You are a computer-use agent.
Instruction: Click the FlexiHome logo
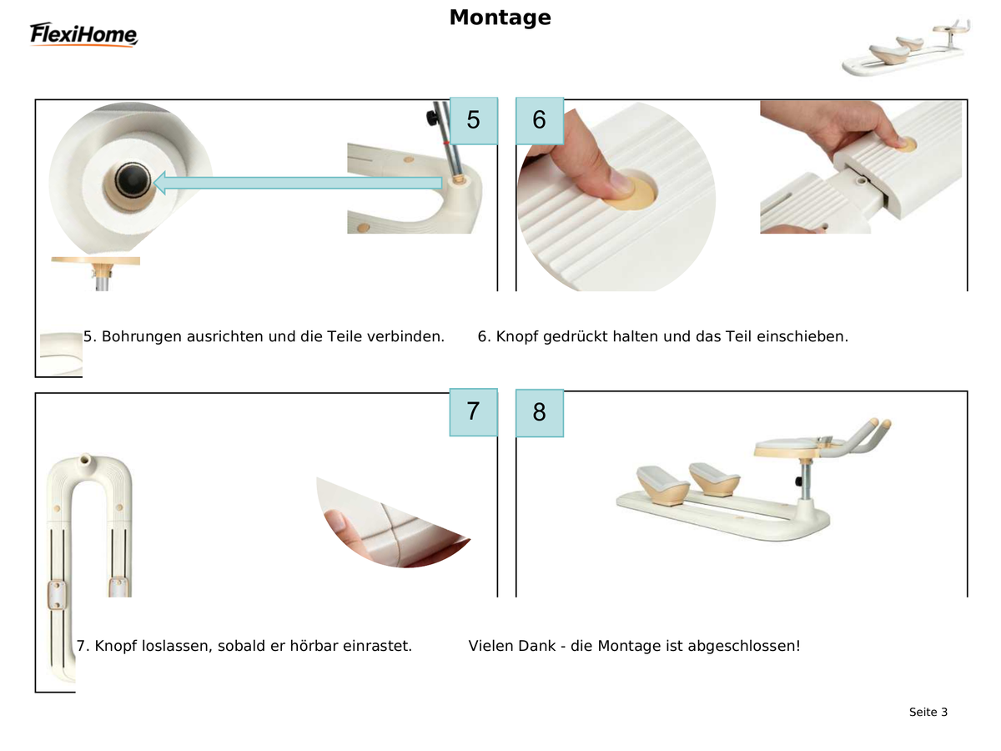[83, 34]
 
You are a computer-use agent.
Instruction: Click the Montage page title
[500, 18]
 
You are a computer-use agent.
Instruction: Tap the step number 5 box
[473, 120]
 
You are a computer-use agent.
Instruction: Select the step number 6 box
[540, 120]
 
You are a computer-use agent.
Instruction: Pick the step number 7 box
[473, 412]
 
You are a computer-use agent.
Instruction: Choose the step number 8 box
[540, 413]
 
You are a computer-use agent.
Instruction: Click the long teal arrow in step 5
[297, 183]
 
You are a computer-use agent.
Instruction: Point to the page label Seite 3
[928, 713]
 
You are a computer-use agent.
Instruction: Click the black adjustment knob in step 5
[431, 118]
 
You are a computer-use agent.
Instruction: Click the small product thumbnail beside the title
[906, 48]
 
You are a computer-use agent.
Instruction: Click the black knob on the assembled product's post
[798, 481]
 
